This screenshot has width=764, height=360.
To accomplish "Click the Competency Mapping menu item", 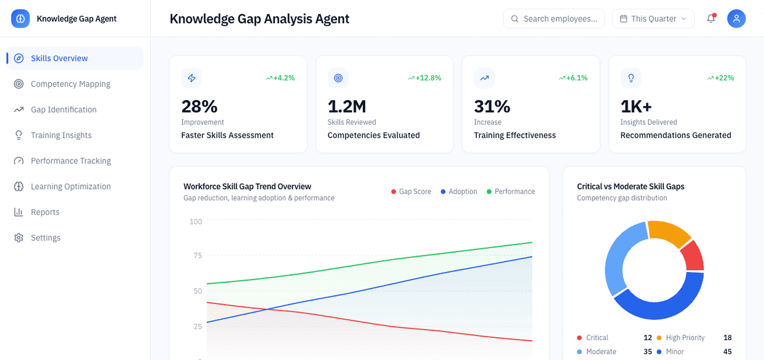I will [70, 84].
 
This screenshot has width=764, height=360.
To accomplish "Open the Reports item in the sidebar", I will [45, 212].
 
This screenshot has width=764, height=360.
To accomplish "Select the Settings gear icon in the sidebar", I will [18, 238].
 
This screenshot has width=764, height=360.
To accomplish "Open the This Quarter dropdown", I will [653, 19].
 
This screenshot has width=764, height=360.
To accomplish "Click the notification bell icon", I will [711, 19].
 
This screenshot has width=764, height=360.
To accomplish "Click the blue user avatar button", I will [736, 19].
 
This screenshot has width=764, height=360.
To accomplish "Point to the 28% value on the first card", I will [199, 107].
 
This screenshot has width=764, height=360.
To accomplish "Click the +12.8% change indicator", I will [425, 78].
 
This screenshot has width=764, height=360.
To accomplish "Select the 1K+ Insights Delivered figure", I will [636, 107].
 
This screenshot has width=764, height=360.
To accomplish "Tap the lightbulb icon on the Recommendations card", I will [631, 78].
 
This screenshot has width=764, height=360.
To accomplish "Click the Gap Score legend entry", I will [411, 192].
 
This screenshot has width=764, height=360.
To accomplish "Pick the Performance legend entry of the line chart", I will [511, 192].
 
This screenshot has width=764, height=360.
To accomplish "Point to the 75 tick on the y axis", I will [198, 256].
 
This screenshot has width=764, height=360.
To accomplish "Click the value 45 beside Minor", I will [727, 352].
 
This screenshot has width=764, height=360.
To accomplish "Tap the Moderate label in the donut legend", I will [601, 352].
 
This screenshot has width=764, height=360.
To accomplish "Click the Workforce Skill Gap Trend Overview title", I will [247, 187].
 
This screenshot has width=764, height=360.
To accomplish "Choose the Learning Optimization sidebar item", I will [71, 187].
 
